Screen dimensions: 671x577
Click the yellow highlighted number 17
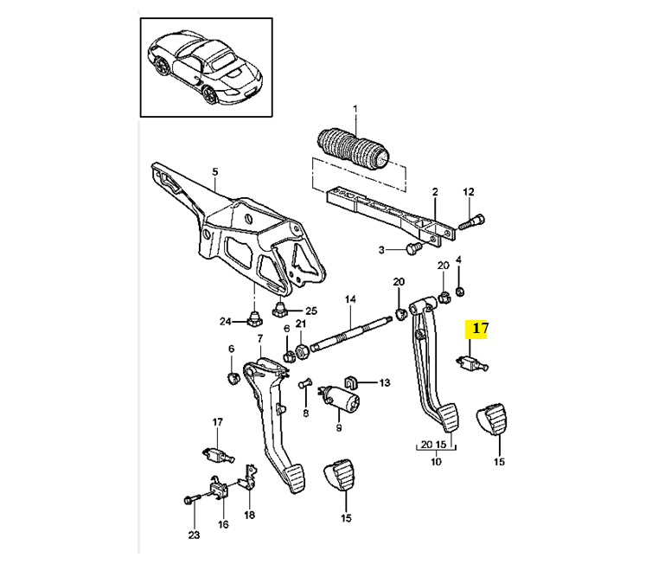pyautogui.click(x=480, y=329)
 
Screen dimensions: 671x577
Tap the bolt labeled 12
pyautogui.click(x=471, y=222)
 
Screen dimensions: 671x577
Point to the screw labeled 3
pyautogui.click(x=413, y=247)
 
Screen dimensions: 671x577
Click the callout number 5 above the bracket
pyautogui.click(x=214, y=172)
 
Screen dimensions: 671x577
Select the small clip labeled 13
pyautogui.click(x=351, y=381)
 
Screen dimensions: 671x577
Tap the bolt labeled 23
pyautogui.click(x=192, y=499)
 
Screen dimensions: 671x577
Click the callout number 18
pyautogui.click(x=250, y=514)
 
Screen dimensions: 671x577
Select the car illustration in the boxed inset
pyautogui.click(x=205, y=67)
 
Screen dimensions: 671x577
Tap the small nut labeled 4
pyautogui.click(x=460, y=292)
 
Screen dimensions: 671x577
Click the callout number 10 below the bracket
pyautogui.click(x=436, y=462)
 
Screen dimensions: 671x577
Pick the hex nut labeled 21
pyautogui.click(x=301, y=352)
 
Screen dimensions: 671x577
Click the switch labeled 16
pyautogui.click(x=219, y=489)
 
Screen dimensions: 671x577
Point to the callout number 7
pyautogui.click(x=259, y=338)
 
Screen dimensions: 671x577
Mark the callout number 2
pyautogui.click(x=435, y=192)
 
